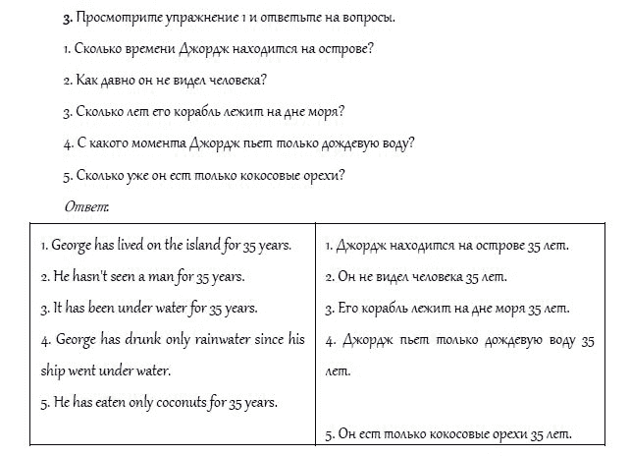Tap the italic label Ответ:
click(x=86, y=206)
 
